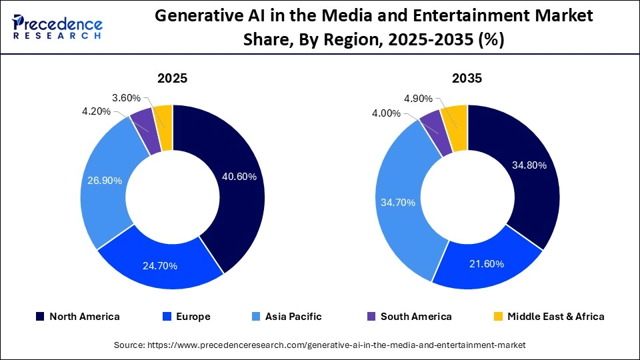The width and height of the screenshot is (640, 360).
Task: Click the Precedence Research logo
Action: pyautogui.click(x=57, y=27)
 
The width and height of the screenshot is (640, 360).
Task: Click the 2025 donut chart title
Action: pyautogui.click(x=172, y=78)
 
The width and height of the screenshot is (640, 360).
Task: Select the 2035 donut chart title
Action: pyautogui.click(x=467, y=78)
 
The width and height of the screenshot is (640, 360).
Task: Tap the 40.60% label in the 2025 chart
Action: pyautogui.click(x=239, y=177)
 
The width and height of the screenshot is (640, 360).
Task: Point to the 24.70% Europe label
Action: pyautogui.click(x=160, y=266)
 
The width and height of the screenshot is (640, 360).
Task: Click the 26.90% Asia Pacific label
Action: pyautogui.click(x=105, y=181)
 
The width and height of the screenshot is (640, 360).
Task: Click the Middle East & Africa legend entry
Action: pyautogui.click(x=548, y=317)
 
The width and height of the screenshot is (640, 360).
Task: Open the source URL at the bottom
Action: pyautogui.click(x=320, y=345)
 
